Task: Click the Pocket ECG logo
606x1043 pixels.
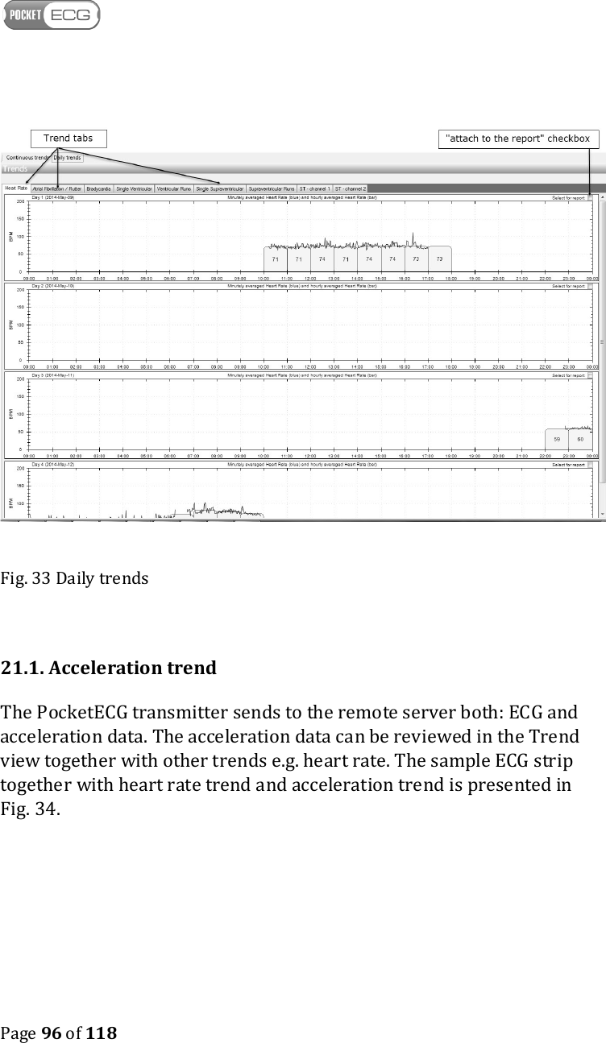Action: [52, 15]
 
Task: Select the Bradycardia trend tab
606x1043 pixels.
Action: [98, 188]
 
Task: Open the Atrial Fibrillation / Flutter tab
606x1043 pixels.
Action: [56, 188]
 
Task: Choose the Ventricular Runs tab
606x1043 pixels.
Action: [173, 188]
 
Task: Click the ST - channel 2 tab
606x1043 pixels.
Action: [351, 188]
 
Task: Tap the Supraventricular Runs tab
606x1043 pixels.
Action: [272, 188]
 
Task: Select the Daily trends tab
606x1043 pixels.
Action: [68, 158]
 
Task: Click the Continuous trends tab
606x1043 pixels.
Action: [27, 158]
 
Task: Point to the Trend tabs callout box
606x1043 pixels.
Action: [68, 139]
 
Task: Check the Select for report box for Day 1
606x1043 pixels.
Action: [590, 197]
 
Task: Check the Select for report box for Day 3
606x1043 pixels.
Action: [590, 375]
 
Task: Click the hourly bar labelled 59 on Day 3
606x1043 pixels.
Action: [557, 438]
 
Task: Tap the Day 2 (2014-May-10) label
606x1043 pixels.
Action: [53, 286]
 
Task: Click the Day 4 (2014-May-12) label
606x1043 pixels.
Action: [53, 465]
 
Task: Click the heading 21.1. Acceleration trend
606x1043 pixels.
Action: [109, 668]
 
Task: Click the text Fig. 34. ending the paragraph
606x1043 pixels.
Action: [30, 809]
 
